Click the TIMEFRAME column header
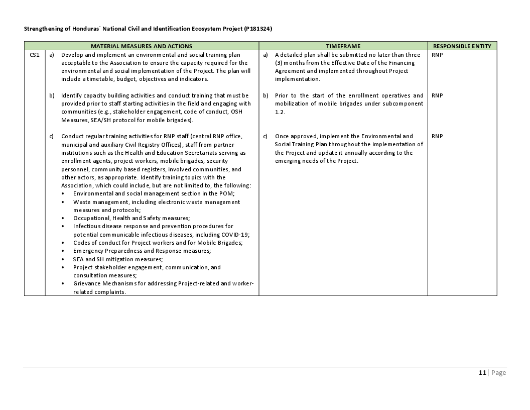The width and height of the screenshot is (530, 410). tap(343, 46)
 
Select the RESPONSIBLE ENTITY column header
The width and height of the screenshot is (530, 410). tap(462, 46)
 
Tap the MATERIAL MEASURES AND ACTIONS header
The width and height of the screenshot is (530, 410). tap(142, 46)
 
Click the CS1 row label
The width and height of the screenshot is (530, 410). tap(35, 55)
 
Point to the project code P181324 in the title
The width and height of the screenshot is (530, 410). tap(258, 29)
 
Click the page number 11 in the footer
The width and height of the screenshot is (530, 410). tap(482, 373)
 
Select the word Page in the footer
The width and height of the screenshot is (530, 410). tap(498, 373)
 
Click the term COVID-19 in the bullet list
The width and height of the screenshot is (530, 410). tap(235, 235)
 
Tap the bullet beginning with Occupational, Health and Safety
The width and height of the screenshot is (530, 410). tap(131, 218)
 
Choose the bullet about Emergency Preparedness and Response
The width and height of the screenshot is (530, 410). tap(142, 251)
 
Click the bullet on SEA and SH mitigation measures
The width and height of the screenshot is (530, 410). tap(118, 259)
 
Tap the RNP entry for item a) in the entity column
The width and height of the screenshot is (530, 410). tap(437, 55)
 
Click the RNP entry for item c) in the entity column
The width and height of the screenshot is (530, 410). tap(437, 136)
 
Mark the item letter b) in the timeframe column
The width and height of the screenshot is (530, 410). tap(266, 95)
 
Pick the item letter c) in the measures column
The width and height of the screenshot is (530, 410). tap(52, 136)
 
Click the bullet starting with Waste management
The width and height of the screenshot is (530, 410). tap(157, 202)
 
